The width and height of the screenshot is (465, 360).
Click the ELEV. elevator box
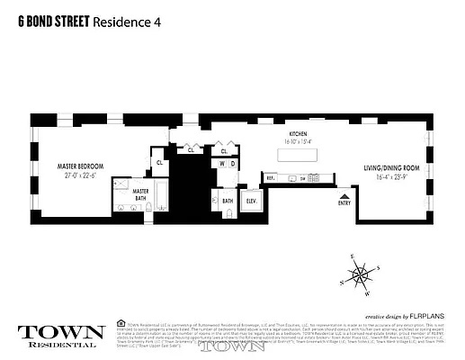(252, 201)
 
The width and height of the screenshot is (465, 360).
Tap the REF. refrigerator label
(269, 177)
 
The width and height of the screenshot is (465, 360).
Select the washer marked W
(222, 164)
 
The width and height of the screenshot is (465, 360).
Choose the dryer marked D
(232, 164)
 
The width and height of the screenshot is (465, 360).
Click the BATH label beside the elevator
(228, 202)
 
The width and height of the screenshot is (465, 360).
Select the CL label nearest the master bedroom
(159, 163)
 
